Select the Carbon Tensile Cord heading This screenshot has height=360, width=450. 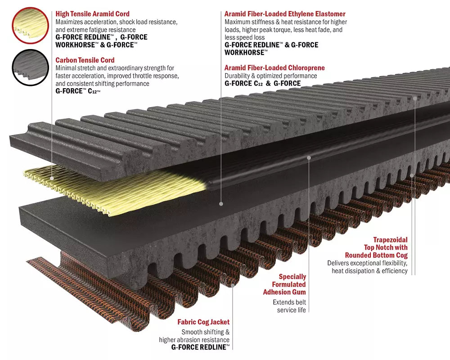tap(85, 60)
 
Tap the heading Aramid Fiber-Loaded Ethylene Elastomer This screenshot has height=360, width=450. tap(285, 14)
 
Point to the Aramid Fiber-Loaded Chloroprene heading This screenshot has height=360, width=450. tap(274, 68)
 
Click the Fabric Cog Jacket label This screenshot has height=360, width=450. tap(203, 322)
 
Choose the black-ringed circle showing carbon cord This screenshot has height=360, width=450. tap(30, 67)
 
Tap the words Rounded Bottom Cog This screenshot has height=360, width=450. tap(376, 255)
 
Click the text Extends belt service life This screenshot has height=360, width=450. tap(291, 306)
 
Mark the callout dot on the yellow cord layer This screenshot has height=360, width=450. tap(52, 178)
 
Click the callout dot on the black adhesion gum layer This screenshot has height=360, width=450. tap(309, 157)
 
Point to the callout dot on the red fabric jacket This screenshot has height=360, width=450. tap(233, 285)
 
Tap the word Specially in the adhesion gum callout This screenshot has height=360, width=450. tap(292, 277)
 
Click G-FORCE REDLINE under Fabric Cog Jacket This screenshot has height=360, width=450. tap(200, 347)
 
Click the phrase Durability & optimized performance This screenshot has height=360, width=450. tap(270, 76)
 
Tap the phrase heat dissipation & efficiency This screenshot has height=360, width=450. tap(369, 270)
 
